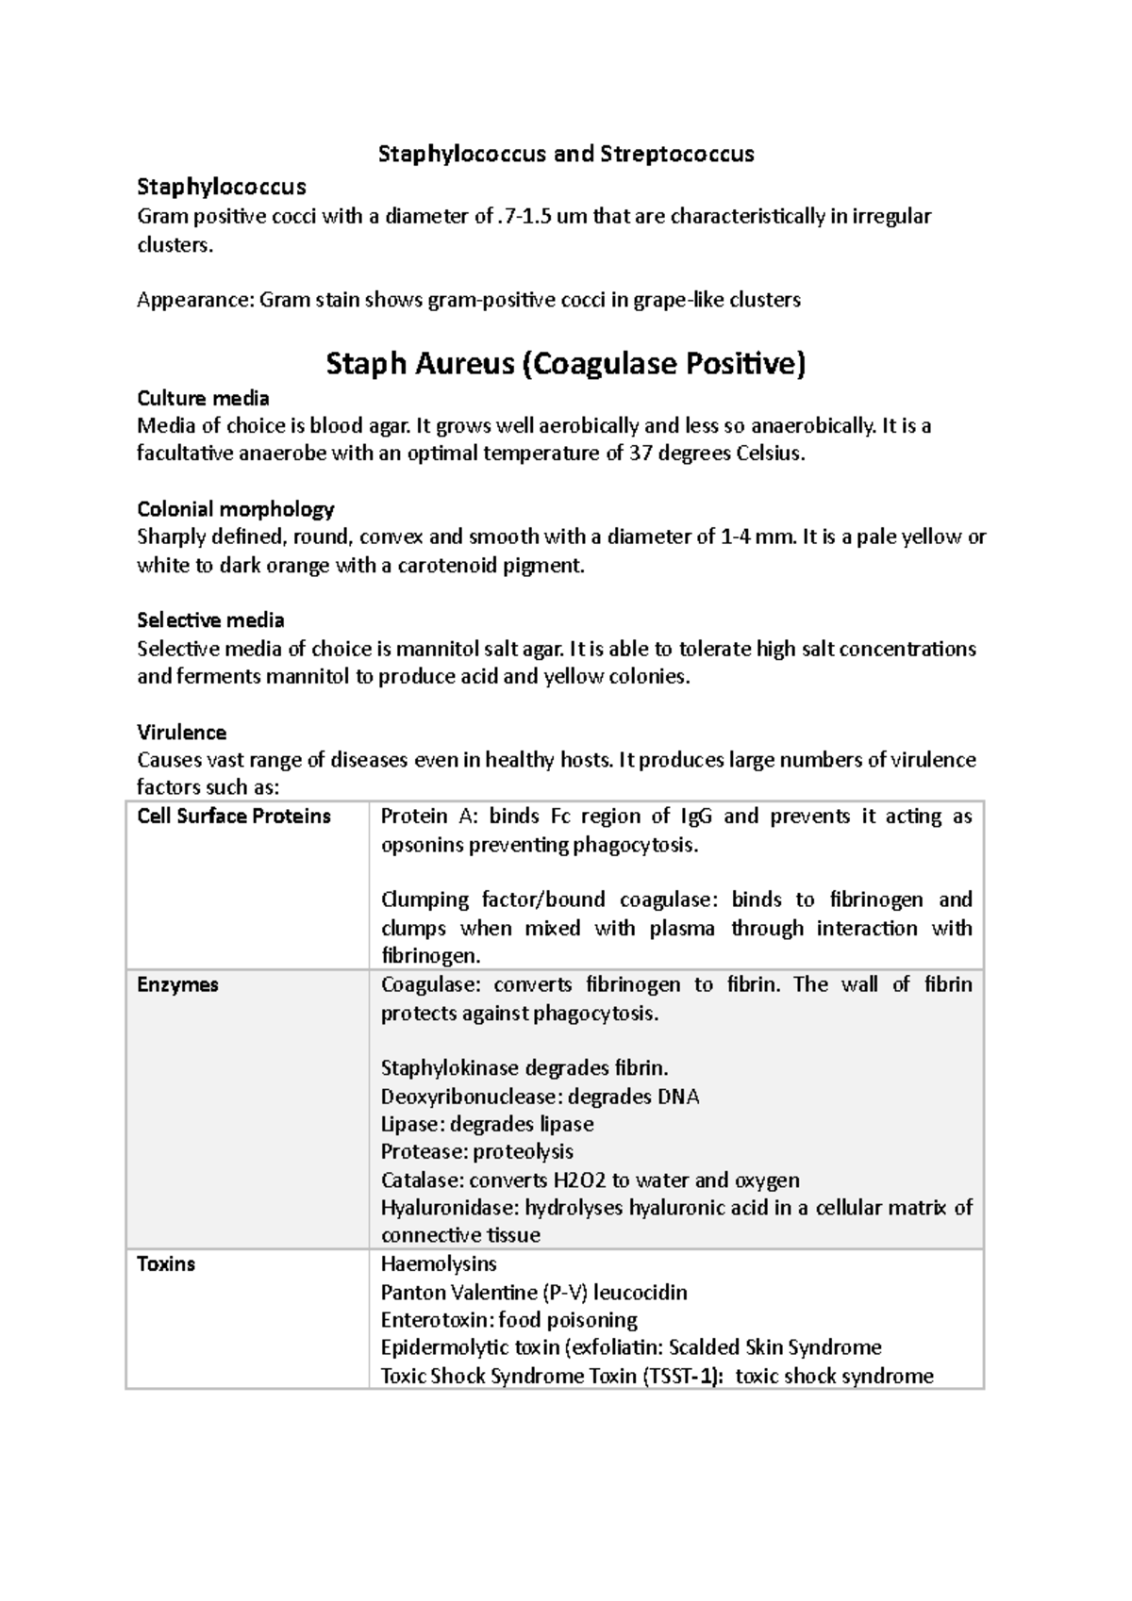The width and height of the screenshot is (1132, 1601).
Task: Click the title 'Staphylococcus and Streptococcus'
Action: tap(566, 154)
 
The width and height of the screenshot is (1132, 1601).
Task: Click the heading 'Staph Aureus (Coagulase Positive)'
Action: tap(566, 363)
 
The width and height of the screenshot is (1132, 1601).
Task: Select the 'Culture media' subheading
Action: tap(203, 398)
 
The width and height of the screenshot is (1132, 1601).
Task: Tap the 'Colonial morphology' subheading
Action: tap(236, 509)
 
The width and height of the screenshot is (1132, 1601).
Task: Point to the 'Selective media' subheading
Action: tap(210, 620)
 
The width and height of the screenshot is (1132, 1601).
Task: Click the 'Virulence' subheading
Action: tap(181, 733)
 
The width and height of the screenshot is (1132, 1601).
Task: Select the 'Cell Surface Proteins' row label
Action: tap(234, 817)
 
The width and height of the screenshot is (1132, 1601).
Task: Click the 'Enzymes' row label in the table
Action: tap(177, 985)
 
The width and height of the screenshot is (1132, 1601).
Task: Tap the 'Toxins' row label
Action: tap(166, 1264)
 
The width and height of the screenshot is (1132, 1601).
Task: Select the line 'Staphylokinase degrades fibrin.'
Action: tap(524, 1068)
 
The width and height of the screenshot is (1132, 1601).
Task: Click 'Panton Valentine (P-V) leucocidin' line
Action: tap(534, 1293)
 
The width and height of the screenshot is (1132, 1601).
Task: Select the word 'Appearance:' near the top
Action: tap(195, 301)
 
